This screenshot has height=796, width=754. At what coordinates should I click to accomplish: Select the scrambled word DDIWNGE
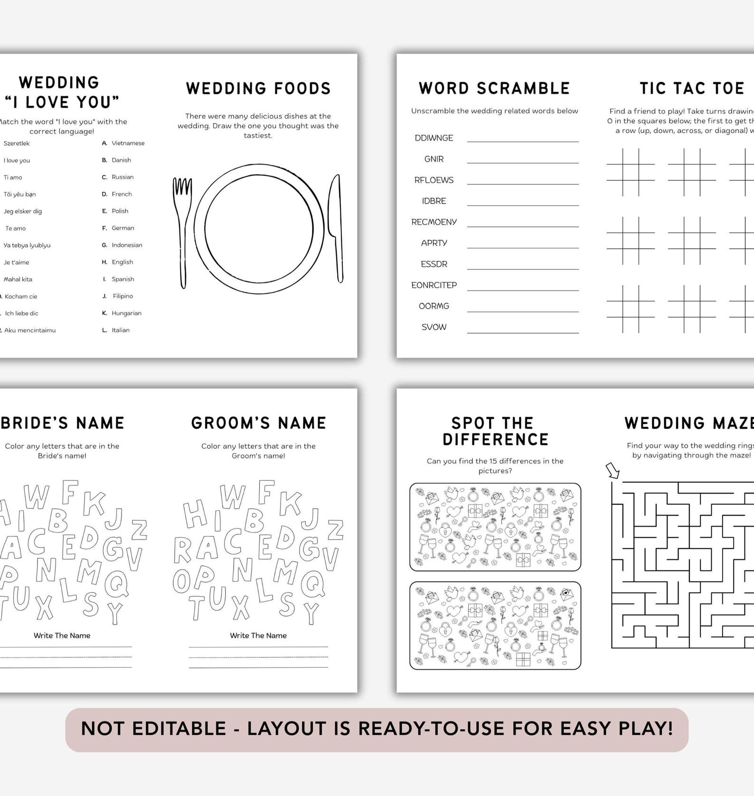tap(434, 138)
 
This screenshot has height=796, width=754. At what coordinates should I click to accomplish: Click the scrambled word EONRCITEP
tap(434, 285)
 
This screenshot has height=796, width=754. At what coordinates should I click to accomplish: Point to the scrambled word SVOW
tap(434, 327)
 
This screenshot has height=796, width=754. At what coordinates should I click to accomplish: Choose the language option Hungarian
tap(126, 313)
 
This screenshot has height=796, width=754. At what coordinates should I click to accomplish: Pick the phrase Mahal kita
tap(18, 280)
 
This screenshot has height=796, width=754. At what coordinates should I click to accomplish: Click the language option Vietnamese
tap(128, 143)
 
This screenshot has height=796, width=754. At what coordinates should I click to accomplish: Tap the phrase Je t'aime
tap(16, 262)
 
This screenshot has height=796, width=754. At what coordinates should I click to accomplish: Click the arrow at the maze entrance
tap(613, 471)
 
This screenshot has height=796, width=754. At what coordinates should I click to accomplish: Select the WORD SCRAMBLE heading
tap(494, 88)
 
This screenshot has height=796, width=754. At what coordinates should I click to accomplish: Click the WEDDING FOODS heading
tap(258, 88)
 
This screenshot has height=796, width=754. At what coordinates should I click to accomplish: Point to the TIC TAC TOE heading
tap(691, 88)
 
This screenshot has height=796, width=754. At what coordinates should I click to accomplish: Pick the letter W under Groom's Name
tap(233, 497)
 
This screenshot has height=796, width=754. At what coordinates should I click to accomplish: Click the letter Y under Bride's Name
tap(115, 613)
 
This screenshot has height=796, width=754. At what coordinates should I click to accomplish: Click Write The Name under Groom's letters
tap(258, 636)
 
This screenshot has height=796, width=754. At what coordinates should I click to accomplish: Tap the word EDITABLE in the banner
tap(179, 729)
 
